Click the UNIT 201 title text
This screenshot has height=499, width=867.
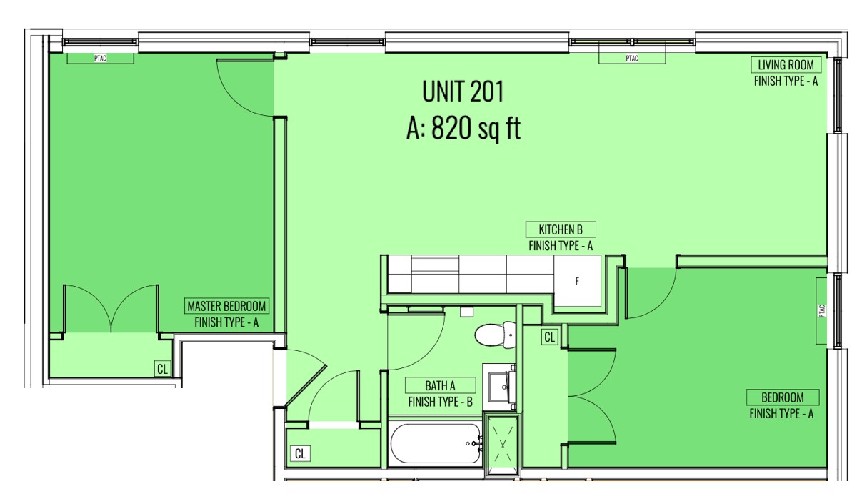(x=463, y=92)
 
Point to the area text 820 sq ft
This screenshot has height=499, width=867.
(x=476, y=128)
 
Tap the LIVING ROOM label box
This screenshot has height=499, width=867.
(x=786, y=65)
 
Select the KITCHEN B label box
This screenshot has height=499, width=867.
(x=561, y=229)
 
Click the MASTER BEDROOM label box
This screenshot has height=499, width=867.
(x=226, y=306)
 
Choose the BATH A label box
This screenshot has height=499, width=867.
(x=440, y=385)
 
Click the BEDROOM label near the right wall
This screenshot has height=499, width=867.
(x=783, y=397)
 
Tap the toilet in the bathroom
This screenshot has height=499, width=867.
(x=496, y=335)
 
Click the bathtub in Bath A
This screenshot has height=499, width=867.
(x=436, y=443)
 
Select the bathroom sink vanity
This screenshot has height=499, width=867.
(x=501, y=387)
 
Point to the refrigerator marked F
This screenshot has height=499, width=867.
(x=578, y=281)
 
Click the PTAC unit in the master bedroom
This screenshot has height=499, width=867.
(x=100, y=58)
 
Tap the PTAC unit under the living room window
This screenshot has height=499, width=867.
(x=632, y=58)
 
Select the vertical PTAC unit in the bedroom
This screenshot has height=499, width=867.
(x=822, y=311)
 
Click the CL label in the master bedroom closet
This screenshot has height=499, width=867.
(x=163, y=369)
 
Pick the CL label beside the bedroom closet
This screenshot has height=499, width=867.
(x=550, y=337)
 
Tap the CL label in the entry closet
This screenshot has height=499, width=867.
(x=300, y=453)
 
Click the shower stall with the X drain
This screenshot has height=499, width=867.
(x=503, y=445)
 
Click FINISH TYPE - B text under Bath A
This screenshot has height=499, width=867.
(x=440, y=402)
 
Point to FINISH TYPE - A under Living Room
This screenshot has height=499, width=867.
(x=786, y=81)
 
